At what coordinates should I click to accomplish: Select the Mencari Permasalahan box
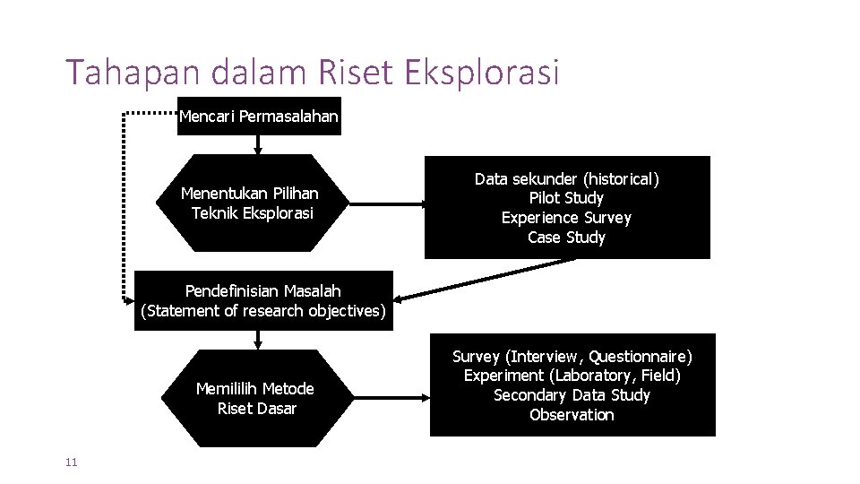[259, 116]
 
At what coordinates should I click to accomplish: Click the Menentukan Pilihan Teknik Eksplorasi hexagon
[251, 203]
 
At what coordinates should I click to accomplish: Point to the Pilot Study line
[566, 198]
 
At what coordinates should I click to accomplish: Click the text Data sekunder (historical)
[566, 179]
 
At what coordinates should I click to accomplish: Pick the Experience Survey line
[566, 218]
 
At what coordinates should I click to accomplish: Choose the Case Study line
[566, 238]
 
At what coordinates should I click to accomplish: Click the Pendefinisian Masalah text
[262, 290]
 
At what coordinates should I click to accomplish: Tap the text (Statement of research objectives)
[263, 311]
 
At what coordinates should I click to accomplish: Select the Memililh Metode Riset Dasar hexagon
[255, 398]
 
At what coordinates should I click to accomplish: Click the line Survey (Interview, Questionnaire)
[572, 357]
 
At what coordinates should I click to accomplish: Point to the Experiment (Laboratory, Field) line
[572, 376]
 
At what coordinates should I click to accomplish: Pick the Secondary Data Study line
[572, 395]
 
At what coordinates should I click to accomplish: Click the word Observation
[572, 415]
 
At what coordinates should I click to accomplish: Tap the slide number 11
[72, 462]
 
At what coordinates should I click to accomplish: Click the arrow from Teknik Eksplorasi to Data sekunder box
[385, 204]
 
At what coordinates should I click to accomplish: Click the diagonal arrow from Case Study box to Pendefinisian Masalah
[484, 279]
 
